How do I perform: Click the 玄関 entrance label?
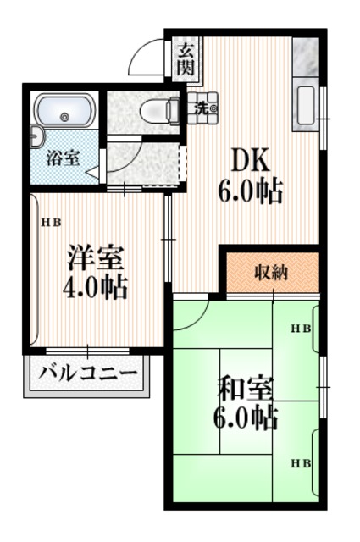pyautogui.click(x=185, y=58)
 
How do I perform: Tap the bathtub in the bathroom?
pyautogui.click(x=64, y=112)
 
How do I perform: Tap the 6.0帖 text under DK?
pyautogui.click(x=252, y=191)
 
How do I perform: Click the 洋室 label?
pyautogui.click(x=95, y=255)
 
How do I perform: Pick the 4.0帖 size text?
pyautogui.click(x=95, y=288)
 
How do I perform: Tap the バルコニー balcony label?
pyautogui.click(x=89, y=373)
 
